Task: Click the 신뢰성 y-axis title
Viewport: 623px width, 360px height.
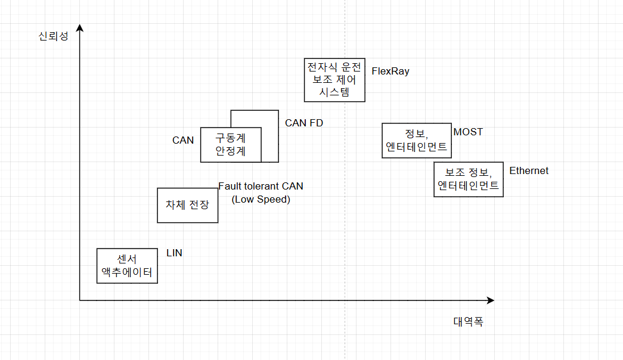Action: pyautogui.click(x=53, y=36)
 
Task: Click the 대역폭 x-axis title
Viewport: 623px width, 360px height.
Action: pyautogui.click(x=468, y=322)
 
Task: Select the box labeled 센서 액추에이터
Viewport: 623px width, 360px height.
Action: pyautogui.click(x=127, y=266)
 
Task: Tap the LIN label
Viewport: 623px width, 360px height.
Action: pyautogui.click(x=174, y=253)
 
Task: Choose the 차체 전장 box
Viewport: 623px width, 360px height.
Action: pyautogui.click(x=187, y=205)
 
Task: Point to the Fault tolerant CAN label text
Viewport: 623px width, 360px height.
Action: pyautogui.click(x=261, y=186)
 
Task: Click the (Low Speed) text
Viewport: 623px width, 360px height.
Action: pyautogui.click(x=261, y=199)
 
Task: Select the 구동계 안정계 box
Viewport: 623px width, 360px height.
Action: pyautogui.click(x=231, y=144)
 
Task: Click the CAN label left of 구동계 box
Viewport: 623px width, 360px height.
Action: pyautogui.click(x=183, y=140)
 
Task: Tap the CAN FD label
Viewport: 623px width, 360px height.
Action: pyautogui.click(x=304, y=123)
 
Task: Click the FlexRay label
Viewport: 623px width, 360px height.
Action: pyautogui.click(x=390, y=71)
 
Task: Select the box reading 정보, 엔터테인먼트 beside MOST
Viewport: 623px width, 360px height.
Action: pyautogui.click(x=416, y=140)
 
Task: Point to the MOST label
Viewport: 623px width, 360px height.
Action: pyautogui.click(x=468, y=132)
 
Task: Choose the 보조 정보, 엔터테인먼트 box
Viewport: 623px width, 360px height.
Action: pyautogui.click(x=468, y=179)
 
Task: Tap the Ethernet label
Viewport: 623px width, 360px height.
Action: pyautogui.click(x=528, y=171)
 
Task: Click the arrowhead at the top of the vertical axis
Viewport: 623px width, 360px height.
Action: pyautogui.click(x=79, y=27)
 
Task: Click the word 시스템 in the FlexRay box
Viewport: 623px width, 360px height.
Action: pyautogui.click(x=334, y=92)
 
